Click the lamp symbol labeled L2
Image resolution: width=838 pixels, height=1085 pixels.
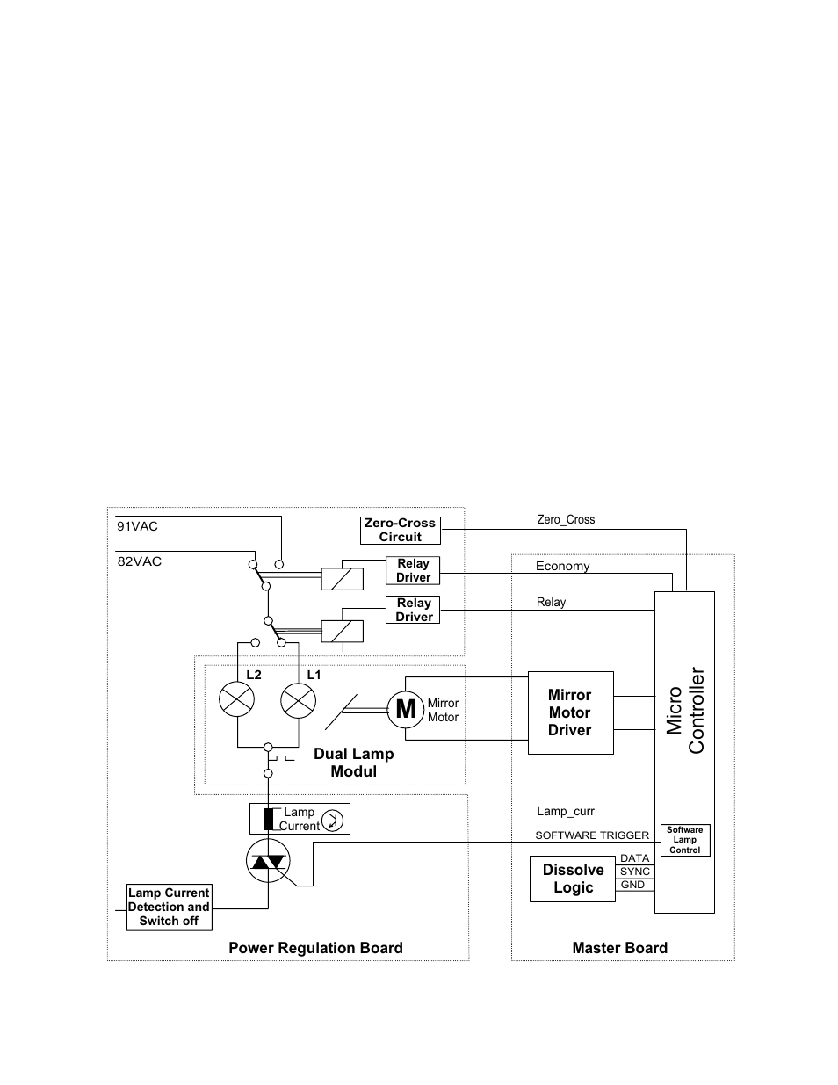click(236, 699)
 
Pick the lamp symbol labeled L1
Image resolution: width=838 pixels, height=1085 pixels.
click(299, 701)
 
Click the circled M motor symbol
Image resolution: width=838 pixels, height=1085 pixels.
click(405, 709)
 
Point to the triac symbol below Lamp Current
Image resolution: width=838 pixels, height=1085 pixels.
click(268, 861)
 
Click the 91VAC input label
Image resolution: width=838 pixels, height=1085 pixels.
click(137, 526)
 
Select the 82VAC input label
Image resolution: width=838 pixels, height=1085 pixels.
click(140, 561)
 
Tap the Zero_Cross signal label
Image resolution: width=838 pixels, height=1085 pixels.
click(566, 520)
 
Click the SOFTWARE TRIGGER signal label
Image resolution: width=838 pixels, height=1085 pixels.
click(592, 835)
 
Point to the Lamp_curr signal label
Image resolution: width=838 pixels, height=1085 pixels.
click(566, 812)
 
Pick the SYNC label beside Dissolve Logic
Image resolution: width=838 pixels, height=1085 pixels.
click(635, 872)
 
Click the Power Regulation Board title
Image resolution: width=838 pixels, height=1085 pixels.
click(315, 948)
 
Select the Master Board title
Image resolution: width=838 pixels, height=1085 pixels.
click(620, 948)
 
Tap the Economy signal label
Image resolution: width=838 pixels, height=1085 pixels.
click(562, 566)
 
